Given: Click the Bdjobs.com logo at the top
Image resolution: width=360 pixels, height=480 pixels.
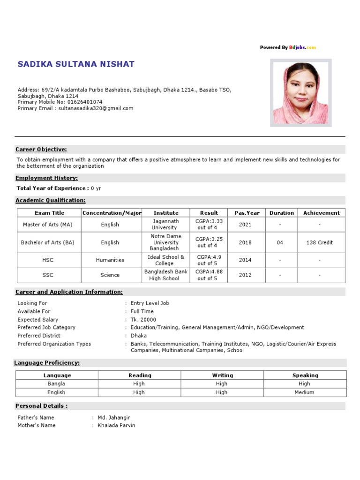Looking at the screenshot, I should point(302,47).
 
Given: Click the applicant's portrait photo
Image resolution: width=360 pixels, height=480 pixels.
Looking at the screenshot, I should point(300,92).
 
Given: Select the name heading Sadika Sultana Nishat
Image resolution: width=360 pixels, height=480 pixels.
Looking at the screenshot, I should point(76,64).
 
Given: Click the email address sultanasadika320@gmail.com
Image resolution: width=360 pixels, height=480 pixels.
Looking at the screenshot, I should point(96,108).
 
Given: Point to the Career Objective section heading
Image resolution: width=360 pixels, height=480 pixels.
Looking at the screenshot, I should point(41,150).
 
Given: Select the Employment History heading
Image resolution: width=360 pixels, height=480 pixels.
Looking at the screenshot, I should point(47,178).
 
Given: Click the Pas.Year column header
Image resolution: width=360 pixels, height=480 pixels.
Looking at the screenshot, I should point(247,213).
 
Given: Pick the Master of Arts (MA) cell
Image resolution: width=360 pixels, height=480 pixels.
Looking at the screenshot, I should point(48,225).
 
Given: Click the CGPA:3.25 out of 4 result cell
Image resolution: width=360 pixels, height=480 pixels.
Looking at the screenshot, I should point(209,242).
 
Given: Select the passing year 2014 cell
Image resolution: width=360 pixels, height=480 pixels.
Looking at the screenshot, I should point(245,260).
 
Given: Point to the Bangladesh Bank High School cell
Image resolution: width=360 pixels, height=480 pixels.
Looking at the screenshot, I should point(166,275).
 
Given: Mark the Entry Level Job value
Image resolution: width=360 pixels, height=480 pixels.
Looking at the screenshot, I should point(150,303).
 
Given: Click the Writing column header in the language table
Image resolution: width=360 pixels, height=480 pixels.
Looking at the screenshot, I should point(222,375).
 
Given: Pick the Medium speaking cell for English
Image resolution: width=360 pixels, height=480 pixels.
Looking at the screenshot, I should point(305,392).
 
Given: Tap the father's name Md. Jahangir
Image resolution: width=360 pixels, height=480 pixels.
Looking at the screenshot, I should point(114,418).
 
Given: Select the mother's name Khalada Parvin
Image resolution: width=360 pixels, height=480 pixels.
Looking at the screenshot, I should point(116,426).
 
